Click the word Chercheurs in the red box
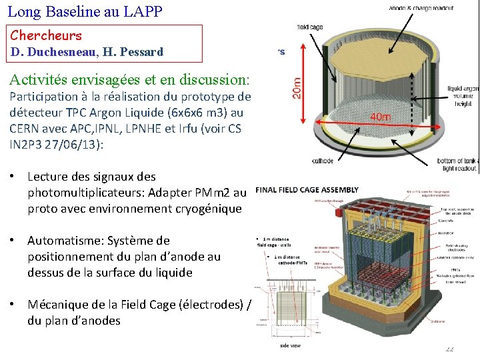[x=46, y=36]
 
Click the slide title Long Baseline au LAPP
[x=85, y=11]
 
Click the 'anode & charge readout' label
[x=421, y=7]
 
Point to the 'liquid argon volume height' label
[x=463, y=96]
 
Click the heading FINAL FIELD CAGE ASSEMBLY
[x=307, y=189]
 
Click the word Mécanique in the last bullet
[x=57, y=305]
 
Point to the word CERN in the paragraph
[x=25, y=128]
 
